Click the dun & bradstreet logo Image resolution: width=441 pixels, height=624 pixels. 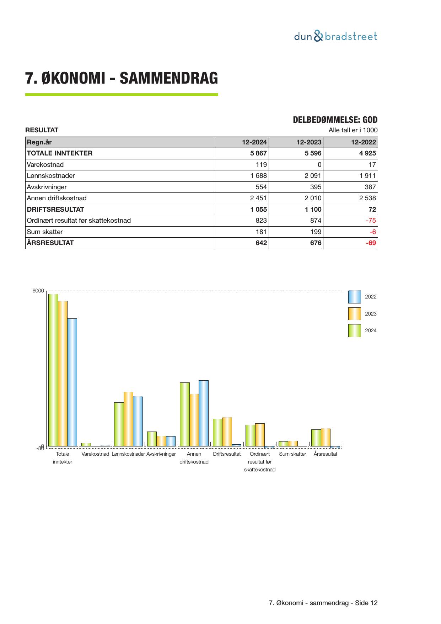pos(335,36)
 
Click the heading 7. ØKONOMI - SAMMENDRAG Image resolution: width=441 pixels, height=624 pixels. pos(121,78)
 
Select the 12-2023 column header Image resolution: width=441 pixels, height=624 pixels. pos(309,142)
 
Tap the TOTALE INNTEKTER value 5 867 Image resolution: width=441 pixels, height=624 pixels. pos(258,153)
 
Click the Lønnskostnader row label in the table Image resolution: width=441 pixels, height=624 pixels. pos(51,176)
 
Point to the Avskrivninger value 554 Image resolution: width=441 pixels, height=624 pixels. pos(261,187)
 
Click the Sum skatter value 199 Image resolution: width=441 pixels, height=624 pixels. pos(315,232)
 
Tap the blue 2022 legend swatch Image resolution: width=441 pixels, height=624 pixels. pos(354,297)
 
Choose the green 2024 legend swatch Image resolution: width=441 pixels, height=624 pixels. pos(354,330)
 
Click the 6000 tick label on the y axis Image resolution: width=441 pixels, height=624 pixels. pos(38,291)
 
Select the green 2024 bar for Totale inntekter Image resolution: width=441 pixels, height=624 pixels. pos(53,370)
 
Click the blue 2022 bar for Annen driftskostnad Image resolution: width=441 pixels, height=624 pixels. pos(204,413)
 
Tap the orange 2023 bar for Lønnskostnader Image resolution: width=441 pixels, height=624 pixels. pos(128,419)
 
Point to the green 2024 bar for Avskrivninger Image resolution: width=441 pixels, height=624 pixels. pos(152,439)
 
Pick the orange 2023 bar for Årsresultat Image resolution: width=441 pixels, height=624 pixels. pos(326,437)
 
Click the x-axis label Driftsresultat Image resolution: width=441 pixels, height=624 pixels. pos(227,454)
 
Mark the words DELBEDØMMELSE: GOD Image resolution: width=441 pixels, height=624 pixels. pos(335,120)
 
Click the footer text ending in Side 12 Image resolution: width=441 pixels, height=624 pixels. pos(323,603)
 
